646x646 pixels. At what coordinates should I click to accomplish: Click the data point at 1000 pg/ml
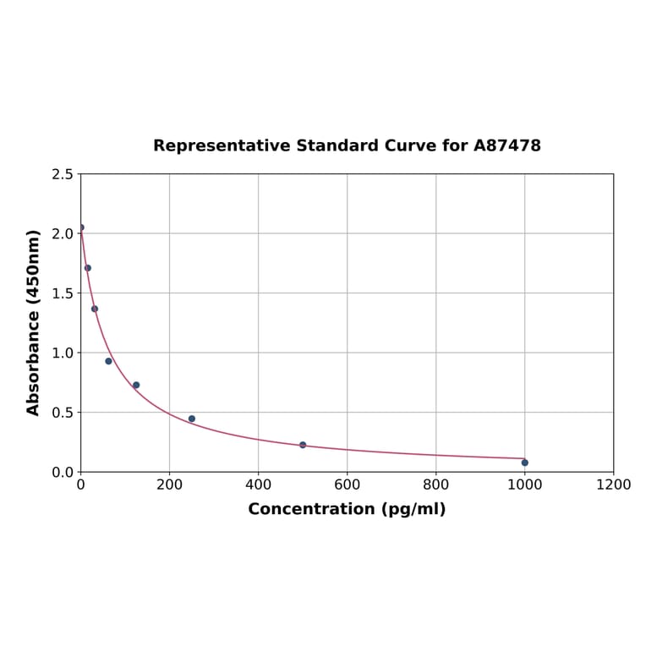coord(524,463)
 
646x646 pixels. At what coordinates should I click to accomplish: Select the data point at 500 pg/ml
coord(303,445)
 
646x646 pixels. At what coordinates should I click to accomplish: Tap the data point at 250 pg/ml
coord(192,419)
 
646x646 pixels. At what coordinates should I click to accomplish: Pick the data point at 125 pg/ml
coord(136,385)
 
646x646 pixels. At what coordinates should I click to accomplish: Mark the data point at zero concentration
coord(81,227)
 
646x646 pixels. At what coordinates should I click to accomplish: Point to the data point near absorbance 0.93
coord(108,361)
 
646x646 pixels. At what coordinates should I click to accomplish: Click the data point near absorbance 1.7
coord(88,268)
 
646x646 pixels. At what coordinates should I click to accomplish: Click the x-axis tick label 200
coord(169,485)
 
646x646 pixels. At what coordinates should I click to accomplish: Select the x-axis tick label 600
coord(347,485)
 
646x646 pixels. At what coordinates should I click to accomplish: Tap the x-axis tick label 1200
coord(613,485)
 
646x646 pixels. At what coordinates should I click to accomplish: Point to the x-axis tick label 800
coord(435,485)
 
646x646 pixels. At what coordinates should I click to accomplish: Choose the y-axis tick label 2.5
coord(63,174)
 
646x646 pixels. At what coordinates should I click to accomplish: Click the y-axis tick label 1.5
coord(63,293)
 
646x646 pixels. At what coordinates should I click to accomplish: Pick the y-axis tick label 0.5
coord(63,413)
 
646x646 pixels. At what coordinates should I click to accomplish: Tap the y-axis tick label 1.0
coord(63,353)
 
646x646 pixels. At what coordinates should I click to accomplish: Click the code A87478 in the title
coord(506,145)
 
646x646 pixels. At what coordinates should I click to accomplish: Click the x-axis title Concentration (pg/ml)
coord(347,509)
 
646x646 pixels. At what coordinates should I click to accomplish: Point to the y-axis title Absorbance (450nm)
coord(34,322)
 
